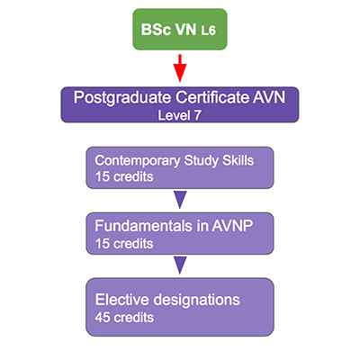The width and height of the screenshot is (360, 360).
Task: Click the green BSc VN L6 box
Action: (180, 30)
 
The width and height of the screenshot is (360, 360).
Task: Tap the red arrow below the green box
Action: (180, 68)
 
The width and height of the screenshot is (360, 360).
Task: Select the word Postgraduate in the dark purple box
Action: (122, 98)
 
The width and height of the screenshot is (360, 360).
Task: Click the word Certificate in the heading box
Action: (212, 97)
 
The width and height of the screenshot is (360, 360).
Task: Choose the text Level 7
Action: (179, 115)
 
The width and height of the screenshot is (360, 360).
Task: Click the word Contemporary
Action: (138, 161)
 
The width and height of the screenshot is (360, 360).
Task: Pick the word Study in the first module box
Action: (201, 161)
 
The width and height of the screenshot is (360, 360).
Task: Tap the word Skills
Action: (238, 160)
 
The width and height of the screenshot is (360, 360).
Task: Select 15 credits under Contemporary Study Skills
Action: (124, 176)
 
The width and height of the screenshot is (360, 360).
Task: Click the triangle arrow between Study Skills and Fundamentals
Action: (180, 200)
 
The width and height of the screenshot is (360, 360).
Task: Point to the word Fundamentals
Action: (143, 226)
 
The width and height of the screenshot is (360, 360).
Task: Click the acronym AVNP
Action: (232, 226)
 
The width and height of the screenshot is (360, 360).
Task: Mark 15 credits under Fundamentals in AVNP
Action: (124, 244)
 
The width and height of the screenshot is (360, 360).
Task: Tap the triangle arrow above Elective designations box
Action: (180, 265)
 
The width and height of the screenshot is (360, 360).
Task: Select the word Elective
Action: (122, 300)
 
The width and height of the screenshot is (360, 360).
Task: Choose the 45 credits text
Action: (124, 318)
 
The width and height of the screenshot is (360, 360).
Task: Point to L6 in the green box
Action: (209, 31)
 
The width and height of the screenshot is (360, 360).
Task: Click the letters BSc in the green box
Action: (156, 30)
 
